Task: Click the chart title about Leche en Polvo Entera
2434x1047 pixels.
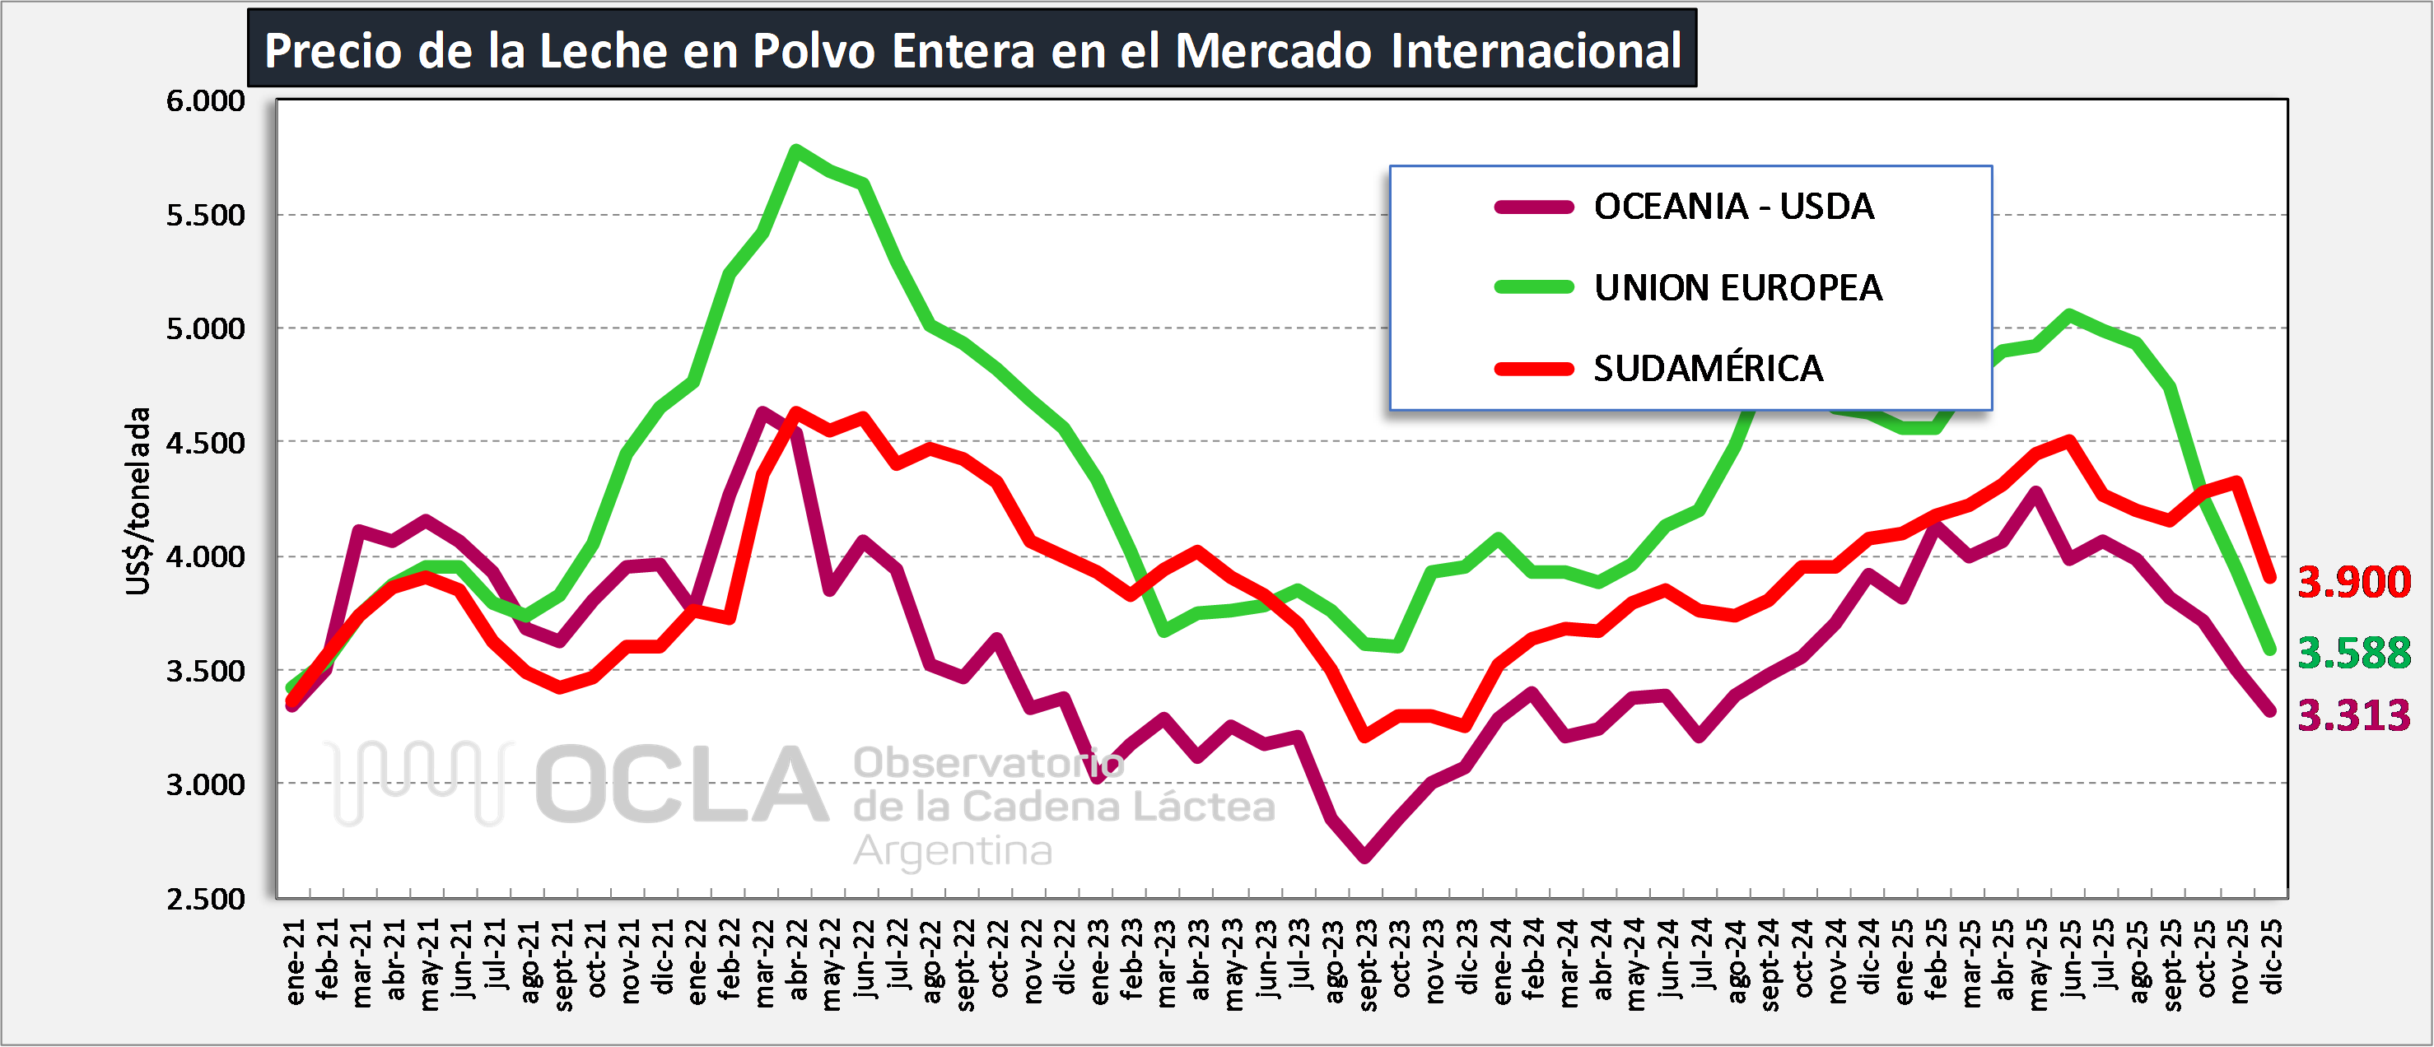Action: (x=972, y=49)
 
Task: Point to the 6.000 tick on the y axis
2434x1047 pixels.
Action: (x=205, y=100)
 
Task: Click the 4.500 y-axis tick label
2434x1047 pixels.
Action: (x=205, y=442)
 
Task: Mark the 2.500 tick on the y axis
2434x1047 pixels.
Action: (x=205, y=899)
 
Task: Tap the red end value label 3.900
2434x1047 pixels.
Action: (x=2353, y=581)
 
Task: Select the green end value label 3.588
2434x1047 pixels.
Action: (x=2353, y=652)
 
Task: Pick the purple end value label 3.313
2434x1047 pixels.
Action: (x=2353, y=714)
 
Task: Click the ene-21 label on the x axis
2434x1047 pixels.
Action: (x=295, y=962)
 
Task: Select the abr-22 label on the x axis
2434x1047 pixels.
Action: (x=798, y=960)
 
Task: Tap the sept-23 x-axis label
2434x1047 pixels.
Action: (x=1367, y=964)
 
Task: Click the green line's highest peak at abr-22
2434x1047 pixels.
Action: (x=796, y=149)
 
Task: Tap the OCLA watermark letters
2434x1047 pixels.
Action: (x=680, y=784)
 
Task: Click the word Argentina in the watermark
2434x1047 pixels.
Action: (x=953, y=850)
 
